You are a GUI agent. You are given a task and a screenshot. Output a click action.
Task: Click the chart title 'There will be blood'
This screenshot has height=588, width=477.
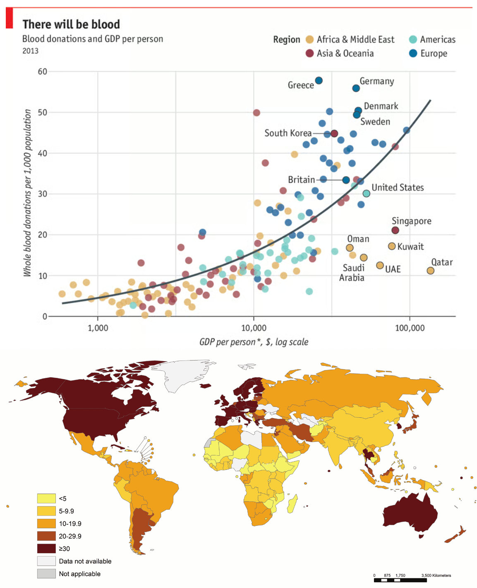coord(71,24)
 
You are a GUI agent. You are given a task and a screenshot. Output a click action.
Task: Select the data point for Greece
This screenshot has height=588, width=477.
coord(319,80)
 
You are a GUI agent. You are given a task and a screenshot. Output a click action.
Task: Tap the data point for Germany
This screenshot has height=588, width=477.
coord(356,88)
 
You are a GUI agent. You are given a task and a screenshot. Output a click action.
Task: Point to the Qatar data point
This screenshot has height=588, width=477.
coord(430,271)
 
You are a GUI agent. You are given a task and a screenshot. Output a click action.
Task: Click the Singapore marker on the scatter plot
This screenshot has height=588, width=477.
coord(395,230)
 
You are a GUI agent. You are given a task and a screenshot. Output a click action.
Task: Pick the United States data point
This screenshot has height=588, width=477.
coord(366,194)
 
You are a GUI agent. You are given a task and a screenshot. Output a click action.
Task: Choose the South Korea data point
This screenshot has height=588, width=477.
coord(334,133)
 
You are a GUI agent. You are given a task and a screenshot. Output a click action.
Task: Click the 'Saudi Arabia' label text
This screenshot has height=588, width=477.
coord(352,273)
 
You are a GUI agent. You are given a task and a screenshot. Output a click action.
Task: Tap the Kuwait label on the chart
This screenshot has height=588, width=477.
coord(410,247)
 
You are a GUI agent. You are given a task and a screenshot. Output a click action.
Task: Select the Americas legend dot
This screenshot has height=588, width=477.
coord(412,39)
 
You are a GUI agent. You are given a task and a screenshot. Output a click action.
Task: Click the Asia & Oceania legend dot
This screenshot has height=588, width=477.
coord(309,53)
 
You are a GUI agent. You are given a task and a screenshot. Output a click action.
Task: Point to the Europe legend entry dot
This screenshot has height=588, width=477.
coord(412,53)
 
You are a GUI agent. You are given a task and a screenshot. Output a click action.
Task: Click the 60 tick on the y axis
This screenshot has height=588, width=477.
coord(43,71)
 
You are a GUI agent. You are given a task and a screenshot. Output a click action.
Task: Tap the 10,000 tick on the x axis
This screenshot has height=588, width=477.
coord(254,328)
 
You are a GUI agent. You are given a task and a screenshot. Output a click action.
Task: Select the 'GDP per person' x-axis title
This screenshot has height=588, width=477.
coord(254,342)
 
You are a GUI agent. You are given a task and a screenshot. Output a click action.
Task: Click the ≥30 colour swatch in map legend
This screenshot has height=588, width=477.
coord(46,549)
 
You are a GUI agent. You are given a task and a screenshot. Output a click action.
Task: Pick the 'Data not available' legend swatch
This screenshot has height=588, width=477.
coord(46,561)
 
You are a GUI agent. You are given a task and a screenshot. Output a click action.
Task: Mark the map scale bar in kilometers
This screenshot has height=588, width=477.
coord(400,580)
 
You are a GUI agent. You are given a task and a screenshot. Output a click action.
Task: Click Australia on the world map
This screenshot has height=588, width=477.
coord(410,513)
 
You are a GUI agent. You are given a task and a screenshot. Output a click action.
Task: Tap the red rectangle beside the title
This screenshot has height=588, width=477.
coord(9,18)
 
